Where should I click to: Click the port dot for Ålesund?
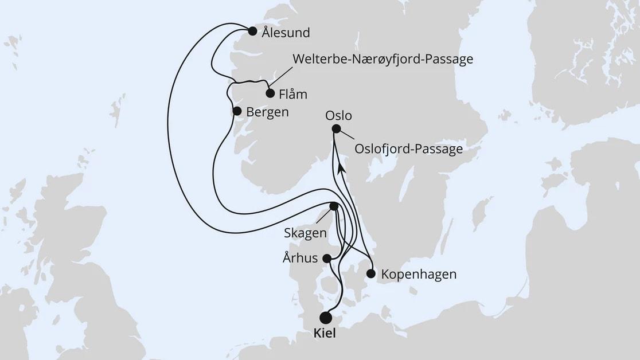[x=252, y=32]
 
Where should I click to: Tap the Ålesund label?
[x=286, y=33]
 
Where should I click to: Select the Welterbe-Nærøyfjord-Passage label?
[x=383, y=59]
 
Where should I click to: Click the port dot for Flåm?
[x=270, y=93]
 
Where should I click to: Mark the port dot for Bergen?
[x=236, y=112]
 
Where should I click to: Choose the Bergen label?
[x=267, y=112]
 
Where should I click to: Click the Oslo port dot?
[x=336, y=129]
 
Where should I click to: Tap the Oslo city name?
[x=338, y=115]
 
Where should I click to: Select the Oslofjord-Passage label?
[x=408, y=150]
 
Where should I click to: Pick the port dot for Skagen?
[x=334, y=206]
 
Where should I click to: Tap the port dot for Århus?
[x=327, y=259]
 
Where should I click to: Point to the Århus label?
[x=301, y=258]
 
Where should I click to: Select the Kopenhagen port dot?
[x=370, y=273]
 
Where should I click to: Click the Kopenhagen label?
[x=419, y=274]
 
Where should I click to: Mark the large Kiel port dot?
[x=326, y=317]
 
